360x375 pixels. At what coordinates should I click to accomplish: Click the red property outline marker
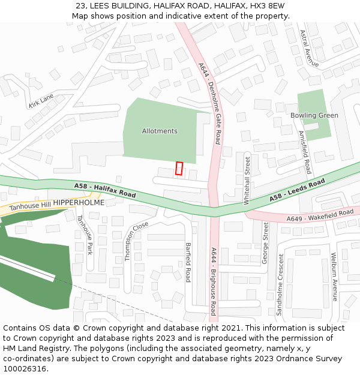click(x=179, y=169)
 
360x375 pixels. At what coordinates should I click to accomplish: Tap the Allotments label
click(x=160, y=131)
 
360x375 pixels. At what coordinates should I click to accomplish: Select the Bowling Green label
click(x=314, y=115)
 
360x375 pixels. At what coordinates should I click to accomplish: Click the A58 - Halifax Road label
click(x=105, y=191)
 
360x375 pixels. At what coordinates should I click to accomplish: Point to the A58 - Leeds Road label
click(x=297, y=189)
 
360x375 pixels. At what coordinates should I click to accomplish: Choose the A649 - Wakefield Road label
click(x=320, y=215)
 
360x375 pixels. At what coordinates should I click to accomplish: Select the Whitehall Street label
click(x=247, y=181)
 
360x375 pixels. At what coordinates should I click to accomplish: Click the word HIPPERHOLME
click(x=79, y=203)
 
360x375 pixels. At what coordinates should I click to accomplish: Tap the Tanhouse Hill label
click(x=30, y=206)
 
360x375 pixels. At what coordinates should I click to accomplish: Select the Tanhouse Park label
click(x=84, y=235)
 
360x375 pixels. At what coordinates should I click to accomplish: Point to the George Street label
click(x=265, y=243)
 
